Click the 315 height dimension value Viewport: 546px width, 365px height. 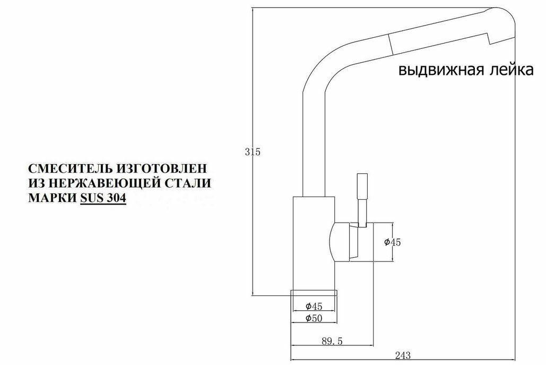(x=253, y=152)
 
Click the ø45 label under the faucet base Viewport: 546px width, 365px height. (x=314, y=306)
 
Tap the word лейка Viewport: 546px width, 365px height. (x=509, y=71)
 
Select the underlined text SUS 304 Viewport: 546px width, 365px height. (x=103, y=199)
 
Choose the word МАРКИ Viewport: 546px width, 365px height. (x=51, y=199)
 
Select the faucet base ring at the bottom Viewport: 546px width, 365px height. (x=314, y=293)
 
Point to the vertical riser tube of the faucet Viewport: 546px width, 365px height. (x=313, y=143)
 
